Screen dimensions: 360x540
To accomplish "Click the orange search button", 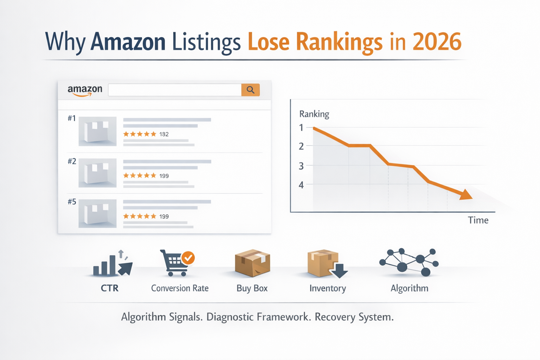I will (x=250, y=90).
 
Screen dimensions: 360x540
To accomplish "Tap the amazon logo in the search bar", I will (x=85, y=90).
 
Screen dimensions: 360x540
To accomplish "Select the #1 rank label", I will (x=72, y=118).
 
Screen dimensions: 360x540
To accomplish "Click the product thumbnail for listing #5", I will (x=97, y=213).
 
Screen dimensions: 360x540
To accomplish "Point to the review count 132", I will (x=164, y=134).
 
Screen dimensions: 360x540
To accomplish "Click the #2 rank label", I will (x=72, y=161).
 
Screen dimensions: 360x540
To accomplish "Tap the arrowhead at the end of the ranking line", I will (x=466, y=195).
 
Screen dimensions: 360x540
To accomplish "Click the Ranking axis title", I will (x=314, y=114).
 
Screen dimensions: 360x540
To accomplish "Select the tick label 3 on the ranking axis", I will (x=301, y=166).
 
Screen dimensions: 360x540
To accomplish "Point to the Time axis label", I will (x=478, y=220).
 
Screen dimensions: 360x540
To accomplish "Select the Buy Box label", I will (x=252, y=288).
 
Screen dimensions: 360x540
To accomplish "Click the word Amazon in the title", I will (x=128, y=42).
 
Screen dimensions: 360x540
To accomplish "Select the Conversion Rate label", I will (x=180, y=288).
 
